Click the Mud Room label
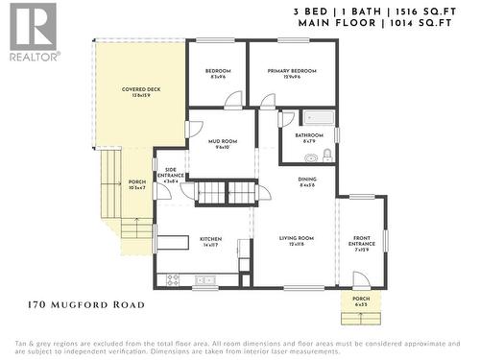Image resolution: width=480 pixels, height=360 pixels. (222, 144)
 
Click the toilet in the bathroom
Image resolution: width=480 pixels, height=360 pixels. (326, 153)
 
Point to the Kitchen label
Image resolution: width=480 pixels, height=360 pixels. (211, 241)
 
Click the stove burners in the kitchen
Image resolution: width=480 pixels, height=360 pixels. (173, 280)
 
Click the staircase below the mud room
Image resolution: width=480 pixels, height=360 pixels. (229, 193)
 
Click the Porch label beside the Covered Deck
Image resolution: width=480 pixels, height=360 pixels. (136, 184)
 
